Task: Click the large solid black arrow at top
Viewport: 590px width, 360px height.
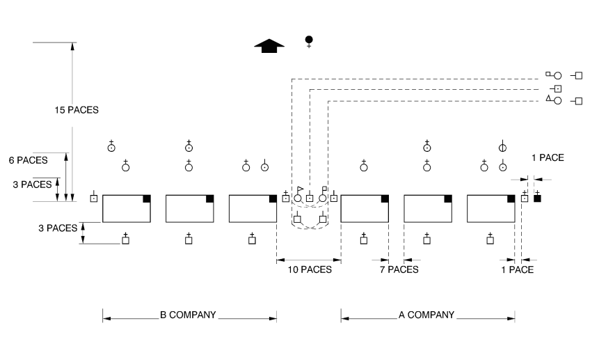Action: tap(269, 45)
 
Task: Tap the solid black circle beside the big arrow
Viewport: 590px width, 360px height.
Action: tap(309, 39)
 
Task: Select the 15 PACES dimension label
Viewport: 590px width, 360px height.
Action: tap(77, 109)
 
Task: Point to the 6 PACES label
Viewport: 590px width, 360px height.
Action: tap(28, 159)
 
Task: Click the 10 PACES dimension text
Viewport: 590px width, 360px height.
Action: tap(310, 269)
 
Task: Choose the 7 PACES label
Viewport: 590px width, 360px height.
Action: tap(399, 269)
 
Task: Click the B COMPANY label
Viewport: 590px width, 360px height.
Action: tap(188, 315)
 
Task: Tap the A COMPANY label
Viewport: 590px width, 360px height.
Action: tap(426, 315)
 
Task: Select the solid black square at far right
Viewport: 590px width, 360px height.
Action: tap(537, 198)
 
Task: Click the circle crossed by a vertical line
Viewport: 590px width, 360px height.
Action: tap(502, 147)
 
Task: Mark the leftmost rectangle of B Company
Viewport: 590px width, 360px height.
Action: tap(127, 208)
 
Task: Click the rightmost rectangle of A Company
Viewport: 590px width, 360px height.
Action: tap(491, 208)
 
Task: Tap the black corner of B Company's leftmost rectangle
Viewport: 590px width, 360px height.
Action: tap(147, 198)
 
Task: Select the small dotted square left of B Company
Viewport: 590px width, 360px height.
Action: tap(93, 198)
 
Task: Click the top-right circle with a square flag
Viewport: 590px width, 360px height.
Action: tap(557, 75)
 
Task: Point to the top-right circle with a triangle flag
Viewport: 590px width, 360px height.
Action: tap(557, 101)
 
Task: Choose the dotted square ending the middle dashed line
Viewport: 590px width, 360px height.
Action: tap(557, 88)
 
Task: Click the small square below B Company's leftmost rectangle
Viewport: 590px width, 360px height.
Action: tap(126, 240)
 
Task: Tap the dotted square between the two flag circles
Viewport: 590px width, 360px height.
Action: tap(310, 198)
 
